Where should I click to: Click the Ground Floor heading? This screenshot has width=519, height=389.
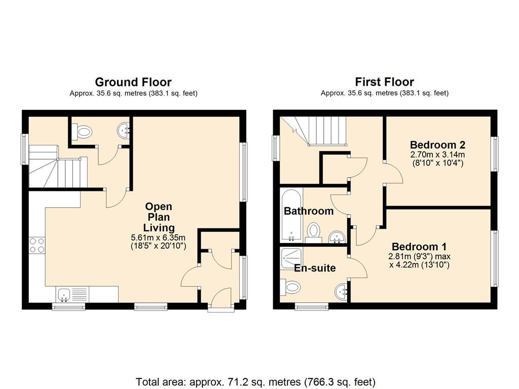coord(133,82)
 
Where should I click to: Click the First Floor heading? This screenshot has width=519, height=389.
coord(384,82)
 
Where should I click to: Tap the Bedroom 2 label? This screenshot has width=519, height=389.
coord(437,144)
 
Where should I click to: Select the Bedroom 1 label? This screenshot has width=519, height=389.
coord(419,247)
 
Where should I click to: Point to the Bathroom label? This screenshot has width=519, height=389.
coord(309,211)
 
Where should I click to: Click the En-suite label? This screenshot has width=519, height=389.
coord(315,267)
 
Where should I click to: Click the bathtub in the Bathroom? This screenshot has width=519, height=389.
coord(291,215)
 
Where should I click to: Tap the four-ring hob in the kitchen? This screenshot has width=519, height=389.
coord(37,246)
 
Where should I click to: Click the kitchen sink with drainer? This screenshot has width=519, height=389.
coord(72,294)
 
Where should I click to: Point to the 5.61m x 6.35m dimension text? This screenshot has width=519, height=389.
coord(158,238)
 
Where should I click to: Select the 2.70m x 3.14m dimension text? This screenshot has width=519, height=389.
coord(437,154)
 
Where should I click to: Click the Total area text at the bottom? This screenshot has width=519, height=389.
coord(255,382)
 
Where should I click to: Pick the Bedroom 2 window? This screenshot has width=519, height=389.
coord(495,154)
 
